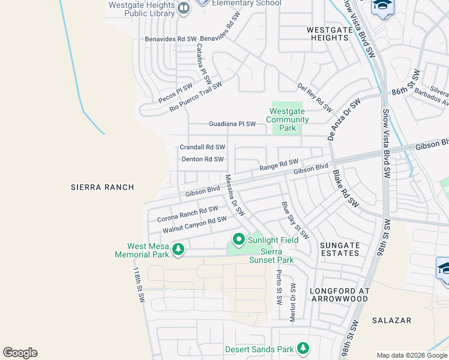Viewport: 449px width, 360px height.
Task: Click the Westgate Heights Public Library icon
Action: click(x=184, y=8)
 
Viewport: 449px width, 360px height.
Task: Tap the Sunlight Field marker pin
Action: click(x=238, y=240)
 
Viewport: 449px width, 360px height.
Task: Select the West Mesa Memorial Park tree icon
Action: click(x=178, y=249)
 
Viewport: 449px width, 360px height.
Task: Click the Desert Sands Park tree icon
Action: click(x=303, y=348)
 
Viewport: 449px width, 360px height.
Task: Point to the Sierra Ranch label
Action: click(x=101, y=187)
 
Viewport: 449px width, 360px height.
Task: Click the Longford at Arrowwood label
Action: click(x=339, y=295)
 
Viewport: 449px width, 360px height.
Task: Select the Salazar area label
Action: click(x=391, y=320)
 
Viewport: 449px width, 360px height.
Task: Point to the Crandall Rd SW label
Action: click(x=202, y=147)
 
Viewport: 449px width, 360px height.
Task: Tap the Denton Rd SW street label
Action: click(x=202, y=160)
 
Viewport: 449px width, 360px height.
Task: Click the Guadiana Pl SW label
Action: click(x=232, y=124)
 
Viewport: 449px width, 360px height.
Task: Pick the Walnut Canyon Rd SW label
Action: click(x=194, y=226)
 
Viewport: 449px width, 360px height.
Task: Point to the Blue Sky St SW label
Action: click(x=295, y=220)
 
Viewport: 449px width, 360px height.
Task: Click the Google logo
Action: click(x=20, y=353)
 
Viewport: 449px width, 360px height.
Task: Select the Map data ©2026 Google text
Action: click(x=412, y=355)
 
